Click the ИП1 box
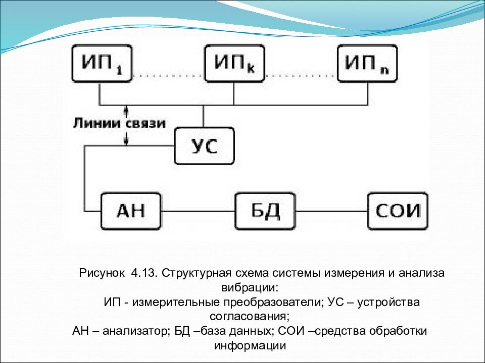[x=102, y=64]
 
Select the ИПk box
[x=235, y=64]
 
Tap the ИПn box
[x=367, y=64]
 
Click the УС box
[x=204, y=146]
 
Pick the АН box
[x=131, y=211]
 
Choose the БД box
[x=265, y=211]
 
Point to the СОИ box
[x=398, y=211]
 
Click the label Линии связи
[x=119, y=124]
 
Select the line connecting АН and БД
[x=198, y=211]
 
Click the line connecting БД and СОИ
[x=331, y=211]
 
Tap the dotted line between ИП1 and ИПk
[x=169, y=75]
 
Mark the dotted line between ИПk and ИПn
[x=301, y=75]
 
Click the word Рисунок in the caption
[x=102, y=273]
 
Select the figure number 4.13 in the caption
[x=142, y=273]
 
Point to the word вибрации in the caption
[x=250, y=288]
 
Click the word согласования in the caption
[x=249, y=317]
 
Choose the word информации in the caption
[x=250, y=346]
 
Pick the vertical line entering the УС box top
[x=203, y=116]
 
